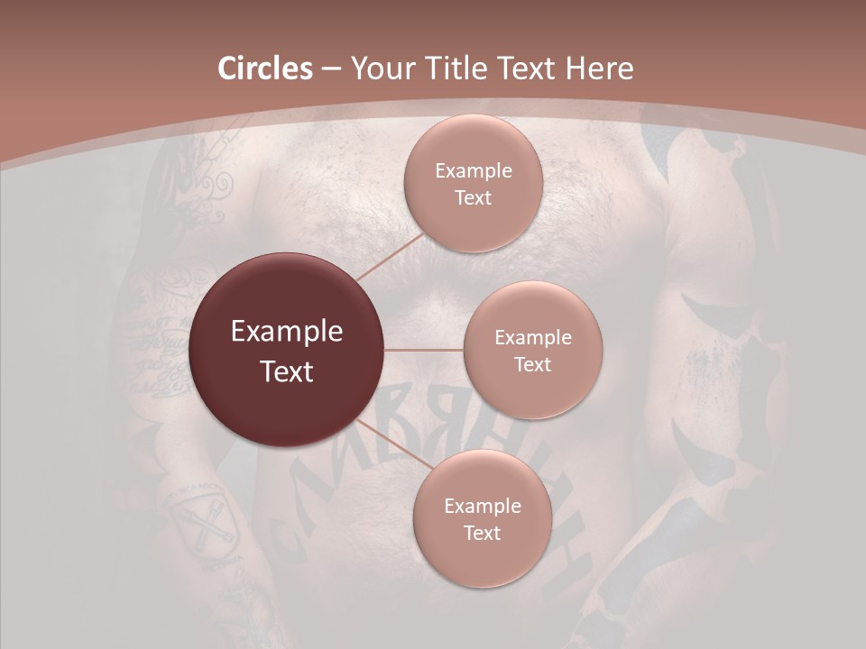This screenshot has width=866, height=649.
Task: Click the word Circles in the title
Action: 264,69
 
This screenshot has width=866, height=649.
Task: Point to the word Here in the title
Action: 599,69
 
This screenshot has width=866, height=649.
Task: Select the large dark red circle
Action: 286,350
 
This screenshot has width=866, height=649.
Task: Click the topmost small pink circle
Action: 472,184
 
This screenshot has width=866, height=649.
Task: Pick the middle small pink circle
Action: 532,350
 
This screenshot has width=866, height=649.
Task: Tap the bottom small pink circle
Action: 482,518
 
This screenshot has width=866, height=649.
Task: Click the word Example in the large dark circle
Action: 286,332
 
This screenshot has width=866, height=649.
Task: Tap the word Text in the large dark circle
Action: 286,371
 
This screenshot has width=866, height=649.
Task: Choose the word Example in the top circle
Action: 473,170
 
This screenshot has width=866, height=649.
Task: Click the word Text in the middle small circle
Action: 532,364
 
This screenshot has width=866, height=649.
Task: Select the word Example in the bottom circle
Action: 482,506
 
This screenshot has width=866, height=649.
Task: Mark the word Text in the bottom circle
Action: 482,533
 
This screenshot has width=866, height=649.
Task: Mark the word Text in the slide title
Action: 530,69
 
